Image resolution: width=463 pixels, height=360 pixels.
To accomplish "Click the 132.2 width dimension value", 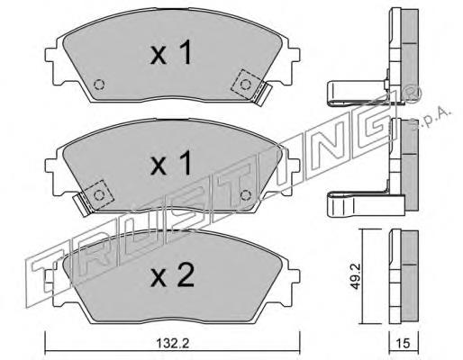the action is [172, 343].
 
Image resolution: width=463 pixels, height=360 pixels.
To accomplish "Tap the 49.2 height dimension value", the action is [356, 277].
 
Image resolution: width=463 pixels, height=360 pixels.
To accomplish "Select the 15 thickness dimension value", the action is [403, 343].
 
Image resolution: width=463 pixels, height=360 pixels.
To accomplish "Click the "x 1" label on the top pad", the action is [171, 53].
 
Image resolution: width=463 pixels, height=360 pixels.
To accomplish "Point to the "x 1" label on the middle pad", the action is [171, 164].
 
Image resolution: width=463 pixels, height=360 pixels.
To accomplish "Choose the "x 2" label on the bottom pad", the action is [173, 275].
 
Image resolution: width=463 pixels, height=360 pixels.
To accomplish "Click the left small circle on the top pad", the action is [99, 85].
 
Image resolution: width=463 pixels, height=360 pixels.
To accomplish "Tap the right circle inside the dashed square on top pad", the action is [246, 85].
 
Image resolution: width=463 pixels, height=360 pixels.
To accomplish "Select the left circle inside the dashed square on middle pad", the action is [99, 195].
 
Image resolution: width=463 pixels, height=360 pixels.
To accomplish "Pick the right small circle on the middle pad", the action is [246, 195].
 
